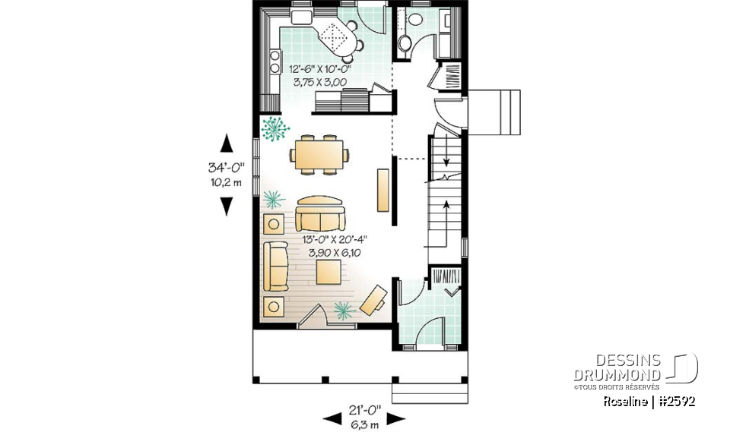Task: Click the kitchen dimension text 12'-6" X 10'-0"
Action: (x=320, y=68)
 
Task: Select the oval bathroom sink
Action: (x=415, y=18)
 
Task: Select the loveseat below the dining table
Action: (x=320, y=215)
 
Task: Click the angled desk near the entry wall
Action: (x=373, y=300)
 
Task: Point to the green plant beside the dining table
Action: (x=275, y=128)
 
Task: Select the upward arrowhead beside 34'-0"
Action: (x=226, y=141)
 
